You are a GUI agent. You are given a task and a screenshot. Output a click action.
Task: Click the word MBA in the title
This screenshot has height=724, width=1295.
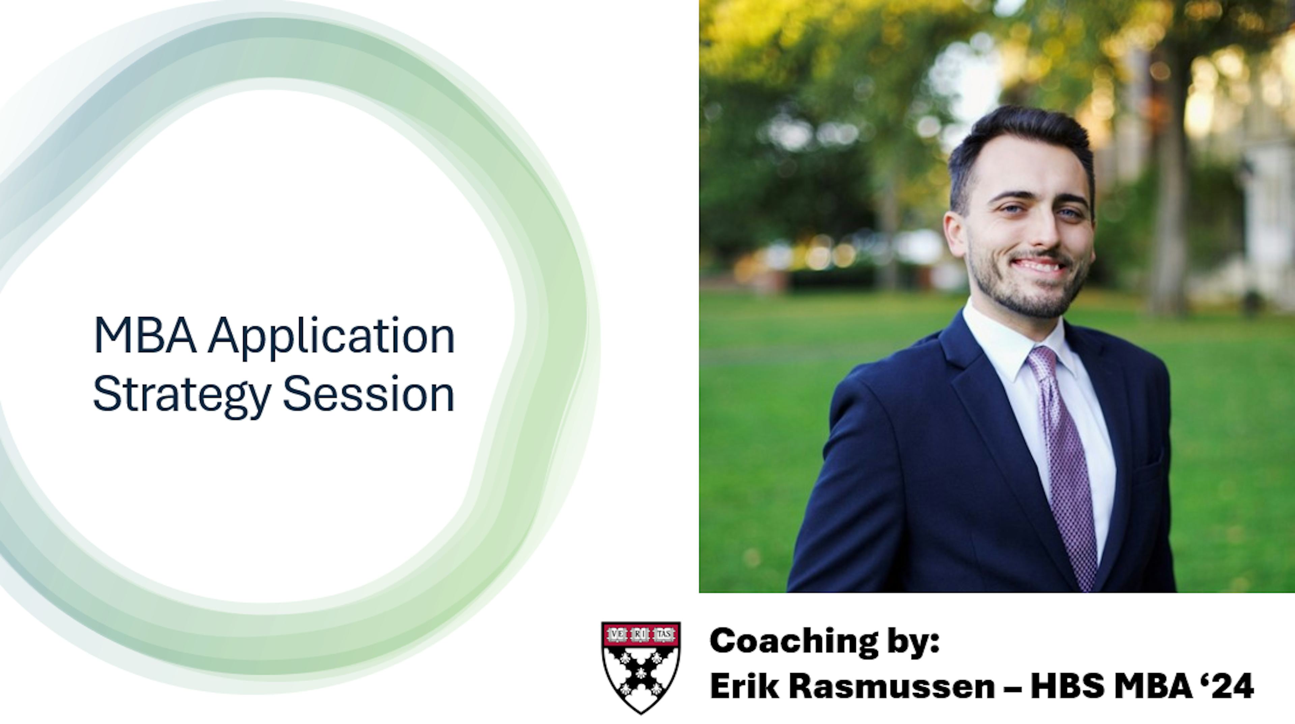145,335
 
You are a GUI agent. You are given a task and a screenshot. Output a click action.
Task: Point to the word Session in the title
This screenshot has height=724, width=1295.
369,393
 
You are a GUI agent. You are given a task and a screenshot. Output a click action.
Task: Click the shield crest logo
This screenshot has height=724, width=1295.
641,668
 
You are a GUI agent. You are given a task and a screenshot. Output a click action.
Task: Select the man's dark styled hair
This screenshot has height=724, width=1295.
1020,146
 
